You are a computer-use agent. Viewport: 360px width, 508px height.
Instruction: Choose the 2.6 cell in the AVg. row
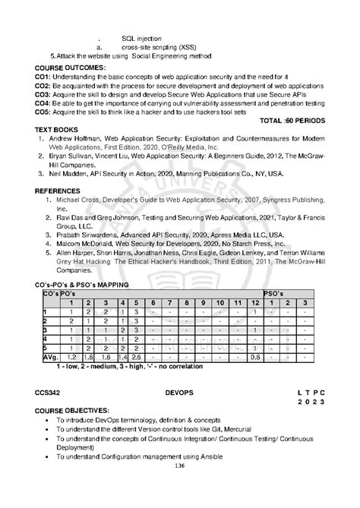(x=137, y=356)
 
